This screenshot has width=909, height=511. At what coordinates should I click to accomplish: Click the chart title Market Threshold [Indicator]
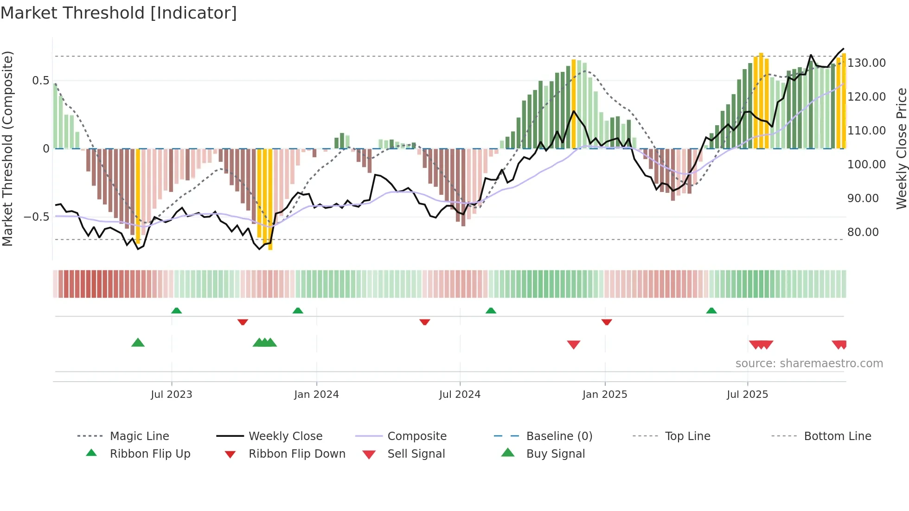click(119, 13)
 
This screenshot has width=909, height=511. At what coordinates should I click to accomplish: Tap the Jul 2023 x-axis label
click(171, 395)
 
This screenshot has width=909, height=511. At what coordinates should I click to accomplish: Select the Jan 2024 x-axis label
click(316, 395)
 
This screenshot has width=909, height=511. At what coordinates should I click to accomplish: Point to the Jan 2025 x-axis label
click(605, 395)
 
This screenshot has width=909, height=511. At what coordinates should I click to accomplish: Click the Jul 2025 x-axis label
click(747, 395)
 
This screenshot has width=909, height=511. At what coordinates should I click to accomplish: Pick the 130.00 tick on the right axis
click(866, 63)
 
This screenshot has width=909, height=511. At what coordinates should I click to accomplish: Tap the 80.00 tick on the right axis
click(863, 232)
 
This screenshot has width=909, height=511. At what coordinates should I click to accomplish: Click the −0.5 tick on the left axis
click(37, 217)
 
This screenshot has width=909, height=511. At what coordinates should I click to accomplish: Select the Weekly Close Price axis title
click(901, 148)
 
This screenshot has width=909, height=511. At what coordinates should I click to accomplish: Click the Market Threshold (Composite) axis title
click(7, 148)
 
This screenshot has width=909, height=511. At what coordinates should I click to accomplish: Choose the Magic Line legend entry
click(139, 436)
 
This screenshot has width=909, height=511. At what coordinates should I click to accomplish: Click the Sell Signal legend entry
click(416, 454)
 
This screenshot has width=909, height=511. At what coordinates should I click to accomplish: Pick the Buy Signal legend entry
click(555, 454)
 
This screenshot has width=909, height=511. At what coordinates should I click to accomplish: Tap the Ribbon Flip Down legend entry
click(297, 454)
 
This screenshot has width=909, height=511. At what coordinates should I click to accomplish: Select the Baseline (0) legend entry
click(559, 436)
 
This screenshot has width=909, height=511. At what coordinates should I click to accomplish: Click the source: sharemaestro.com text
click(809, 364)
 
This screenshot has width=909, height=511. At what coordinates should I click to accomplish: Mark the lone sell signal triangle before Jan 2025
click(574, 345)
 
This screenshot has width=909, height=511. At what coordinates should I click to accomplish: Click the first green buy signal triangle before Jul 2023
click(138, 343)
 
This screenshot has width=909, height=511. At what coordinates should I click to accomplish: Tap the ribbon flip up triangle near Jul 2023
click(176, 311)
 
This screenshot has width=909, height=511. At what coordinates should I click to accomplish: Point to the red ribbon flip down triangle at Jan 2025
click(607, 322)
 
